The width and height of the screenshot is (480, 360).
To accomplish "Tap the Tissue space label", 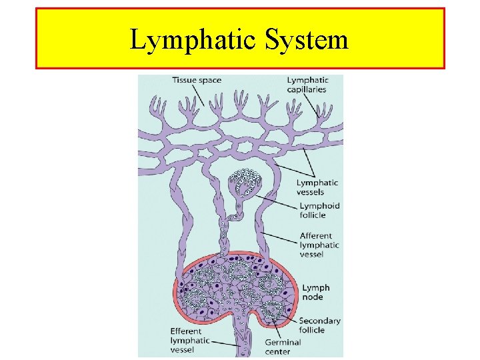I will coord(197,80).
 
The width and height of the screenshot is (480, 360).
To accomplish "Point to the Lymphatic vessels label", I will coord(317,187).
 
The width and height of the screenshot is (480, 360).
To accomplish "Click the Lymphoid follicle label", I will coord(319,211).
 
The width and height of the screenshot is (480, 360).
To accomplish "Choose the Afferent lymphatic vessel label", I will coord(319,245).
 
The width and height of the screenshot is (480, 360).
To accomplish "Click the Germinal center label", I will coord(283,347).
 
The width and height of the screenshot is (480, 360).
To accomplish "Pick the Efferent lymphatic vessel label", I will coord(190,340).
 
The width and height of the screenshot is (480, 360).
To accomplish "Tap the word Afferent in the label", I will coord(317,236).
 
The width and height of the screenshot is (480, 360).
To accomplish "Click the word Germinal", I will coord(283,342).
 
